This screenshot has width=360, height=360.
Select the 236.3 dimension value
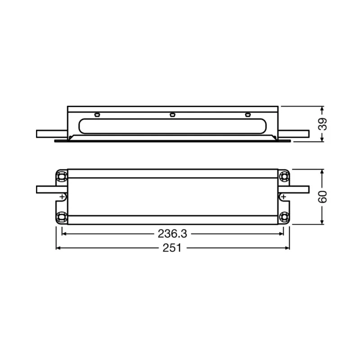172,234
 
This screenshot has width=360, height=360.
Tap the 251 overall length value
172,248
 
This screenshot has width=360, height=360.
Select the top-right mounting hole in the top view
284,175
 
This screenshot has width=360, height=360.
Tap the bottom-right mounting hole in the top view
284,217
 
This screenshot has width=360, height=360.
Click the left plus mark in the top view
61,197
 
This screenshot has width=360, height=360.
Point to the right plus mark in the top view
284,197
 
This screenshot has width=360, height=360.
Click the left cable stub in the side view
51,134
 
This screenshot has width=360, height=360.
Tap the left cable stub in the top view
47,189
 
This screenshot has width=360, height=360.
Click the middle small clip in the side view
172,114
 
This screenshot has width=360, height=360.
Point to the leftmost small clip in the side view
96,114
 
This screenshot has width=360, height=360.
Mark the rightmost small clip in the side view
247,114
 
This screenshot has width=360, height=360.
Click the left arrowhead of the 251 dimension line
58,248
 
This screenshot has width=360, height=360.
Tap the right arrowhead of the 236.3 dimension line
282,234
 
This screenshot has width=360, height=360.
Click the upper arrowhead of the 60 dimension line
322,172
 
